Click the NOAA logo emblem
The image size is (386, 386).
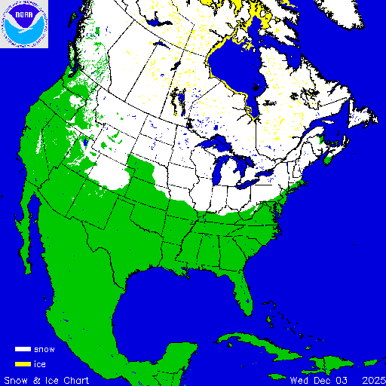click(24, 24)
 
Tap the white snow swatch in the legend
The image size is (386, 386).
click(23, 350)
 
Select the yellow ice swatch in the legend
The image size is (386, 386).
click(23, 364)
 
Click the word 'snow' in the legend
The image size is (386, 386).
click(44, 350)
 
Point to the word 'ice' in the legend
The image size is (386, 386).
click(40, 364)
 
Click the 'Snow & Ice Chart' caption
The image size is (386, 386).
click(47, 379)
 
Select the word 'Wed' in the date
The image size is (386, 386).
click(299, 379)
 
